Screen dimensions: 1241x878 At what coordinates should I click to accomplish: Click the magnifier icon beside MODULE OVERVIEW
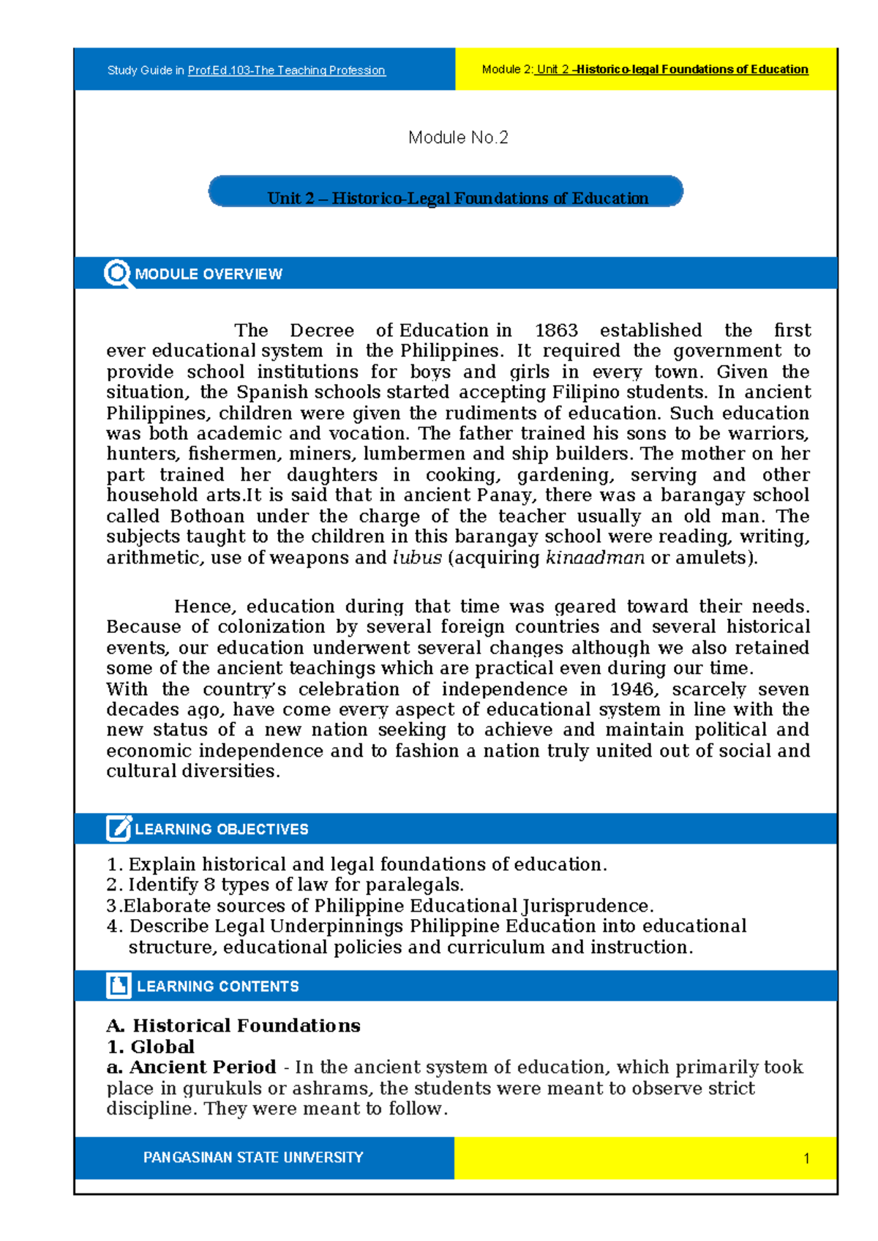point(117,274)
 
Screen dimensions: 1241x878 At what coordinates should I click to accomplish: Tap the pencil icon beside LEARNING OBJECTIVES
point(119,828)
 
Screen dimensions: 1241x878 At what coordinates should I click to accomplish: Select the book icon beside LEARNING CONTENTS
point(119,985)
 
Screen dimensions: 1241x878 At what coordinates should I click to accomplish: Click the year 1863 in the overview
point(556,331)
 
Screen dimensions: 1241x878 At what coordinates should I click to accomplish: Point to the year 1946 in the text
point(630,689)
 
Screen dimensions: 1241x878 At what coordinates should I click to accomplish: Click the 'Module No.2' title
point(458,138)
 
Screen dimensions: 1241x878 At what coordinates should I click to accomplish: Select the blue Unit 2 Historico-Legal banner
point(446,192)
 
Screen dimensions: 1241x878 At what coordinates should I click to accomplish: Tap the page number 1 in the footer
point(806,1158)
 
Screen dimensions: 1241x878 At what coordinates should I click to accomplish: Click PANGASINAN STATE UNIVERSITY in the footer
point(253,1158)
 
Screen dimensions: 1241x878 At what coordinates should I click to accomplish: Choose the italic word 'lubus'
point(417,558)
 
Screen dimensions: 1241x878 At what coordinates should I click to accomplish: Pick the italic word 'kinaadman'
point(595,558)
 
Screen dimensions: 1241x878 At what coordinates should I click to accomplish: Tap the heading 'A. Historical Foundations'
point(233,1026)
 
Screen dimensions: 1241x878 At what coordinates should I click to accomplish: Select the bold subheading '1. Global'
point(151,1046)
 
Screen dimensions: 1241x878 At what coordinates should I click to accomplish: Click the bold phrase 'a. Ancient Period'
point(191,1067)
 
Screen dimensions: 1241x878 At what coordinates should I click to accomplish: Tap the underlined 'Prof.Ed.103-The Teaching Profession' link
point(286,70)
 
